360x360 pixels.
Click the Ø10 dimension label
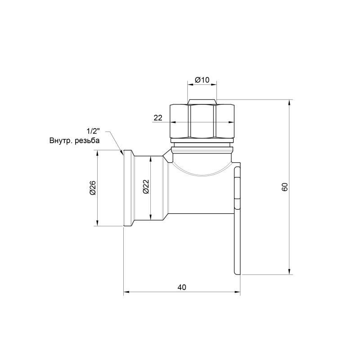pyautogui.click(x=202, y=80)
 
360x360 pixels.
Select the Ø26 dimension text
pyautogui.click(x=92, y=188)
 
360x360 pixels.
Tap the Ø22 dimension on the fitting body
pyautogui.click(x=145, y=188)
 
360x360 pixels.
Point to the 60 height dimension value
pyautogui.click(x=284, y=187)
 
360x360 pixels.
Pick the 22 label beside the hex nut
pyautogui.click(x=158, y=118)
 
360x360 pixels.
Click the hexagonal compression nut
pyautogui.click(x=202, y=121)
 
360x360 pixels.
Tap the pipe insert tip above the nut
pyautogui.click(x=202, y=101)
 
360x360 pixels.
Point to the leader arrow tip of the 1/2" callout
pyautogui.click(x=122, y=155)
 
